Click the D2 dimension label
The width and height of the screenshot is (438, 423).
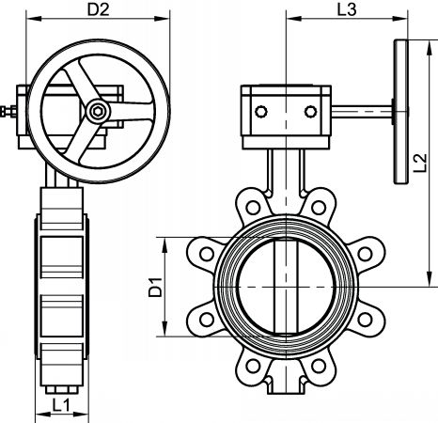tap(98, 9)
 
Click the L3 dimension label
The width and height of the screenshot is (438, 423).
tap(347, 9)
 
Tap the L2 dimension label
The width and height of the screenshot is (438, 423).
tap(420, 163)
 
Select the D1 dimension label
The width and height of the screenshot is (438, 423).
tap(155, 287)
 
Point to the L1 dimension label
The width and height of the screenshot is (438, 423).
tap(61, 405)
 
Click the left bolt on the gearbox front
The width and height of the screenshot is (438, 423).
tap(261, 112)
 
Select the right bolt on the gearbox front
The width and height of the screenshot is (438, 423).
tap(310, 112)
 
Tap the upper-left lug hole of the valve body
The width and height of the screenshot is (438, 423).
tap(253, 207)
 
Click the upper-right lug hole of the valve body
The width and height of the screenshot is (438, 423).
tap(319, 207)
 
